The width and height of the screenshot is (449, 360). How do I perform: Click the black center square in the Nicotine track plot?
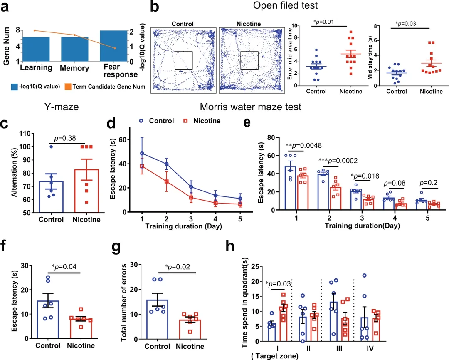[249, 60]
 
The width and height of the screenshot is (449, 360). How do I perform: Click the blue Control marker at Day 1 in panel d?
[142, 154]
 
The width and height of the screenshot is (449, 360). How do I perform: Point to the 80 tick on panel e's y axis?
[272, 137]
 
